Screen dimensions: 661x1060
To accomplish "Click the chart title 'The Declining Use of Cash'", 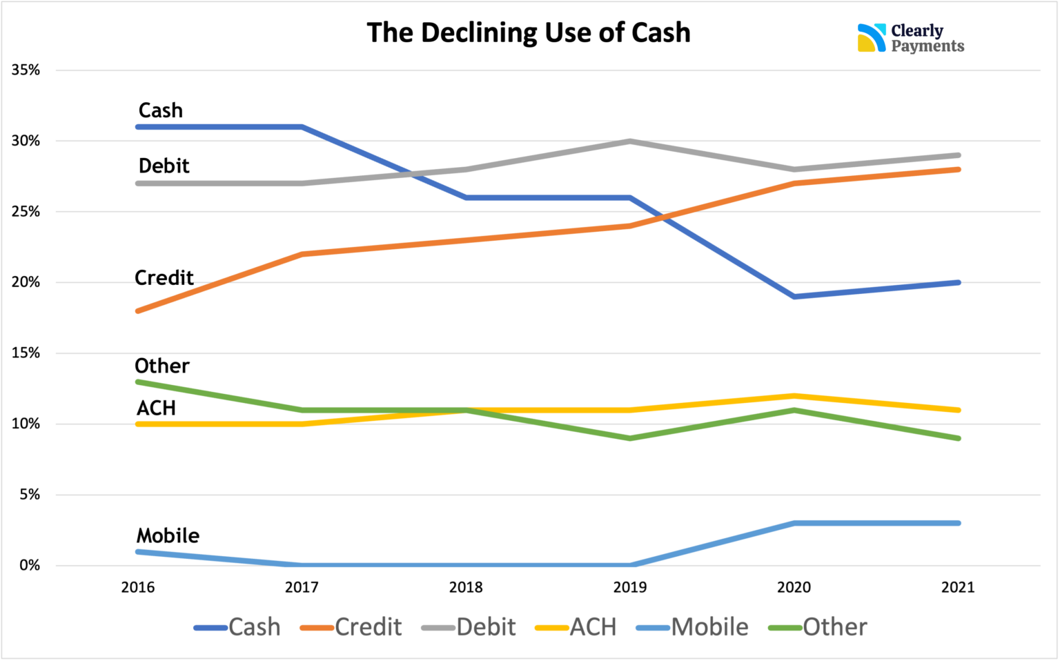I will pyautogui.click(x=528, y=33).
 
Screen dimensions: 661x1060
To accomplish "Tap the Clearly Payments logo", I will pyautogui.click(x=910, y=39).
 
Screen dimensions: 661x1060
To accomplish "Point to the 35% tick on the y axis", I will pyautogui.click(x=26, y=70).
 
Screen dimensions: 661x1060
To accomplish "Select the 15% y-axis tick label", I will pyautogui.click(x=26, y=353).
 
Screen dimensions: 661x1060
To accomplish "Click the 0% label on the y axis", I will pyautogui.click(x=30, y=566).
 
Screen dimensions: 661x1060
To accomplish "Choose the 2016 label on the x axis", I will pyautogui.click(x=138, y=588).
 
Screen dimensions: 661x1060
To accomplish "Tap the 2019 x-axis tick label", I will pyautogui.click(x=630, y=588).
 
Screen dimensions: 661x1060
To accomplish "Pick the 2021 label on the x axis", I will pyautogui.click(x=958, y=588).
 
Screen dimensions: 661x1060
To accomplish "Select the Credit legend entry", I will pyautogui.click(x=351, y=627).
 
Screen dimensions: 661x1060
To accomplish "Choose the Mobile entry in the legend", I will pyautogui.click(x=692, y=627).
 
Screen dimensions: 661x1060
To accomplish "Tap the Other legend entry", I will pyautogui.click(x=818, y=627).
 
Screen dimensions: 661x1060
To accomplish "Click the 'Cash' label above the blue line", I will pyautogui.click(x=161, y=110).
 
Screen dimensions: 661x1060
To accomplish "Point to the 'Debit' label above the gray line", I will pyautogui.click(x=164, y=166).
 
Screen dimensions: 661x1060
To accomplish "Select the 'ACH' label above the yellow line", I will pyautogui.click(x=156, y=408).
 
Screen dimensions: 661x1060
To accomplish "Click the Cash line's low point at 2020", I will pyautogui.click(x=794, y=297).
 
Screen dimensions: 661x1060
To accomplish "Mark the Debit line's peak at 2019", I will pyautogui.click(x=630, y=141).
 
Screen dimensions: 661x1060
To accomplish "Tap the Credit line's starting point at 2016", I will pyautogui.click(x=138, y=311).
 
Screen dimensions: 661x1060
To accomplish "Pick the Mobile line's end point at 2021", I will pyautogui.click(x=958, y=523).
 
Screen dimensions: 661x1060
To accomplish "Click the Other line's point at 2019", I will pyautogui.click(x=630, y=438).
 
